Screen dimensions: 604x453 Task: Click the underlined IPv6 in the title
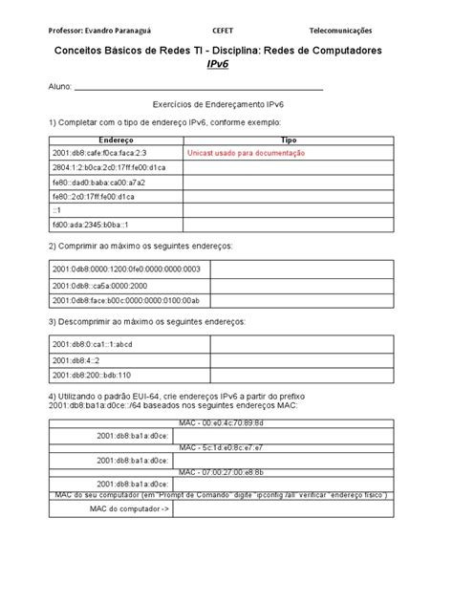coord(226,64)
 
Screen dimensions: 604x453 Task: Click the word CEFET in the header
coord(226,32)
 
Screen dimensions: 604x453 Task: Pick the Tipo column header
coord(290,140)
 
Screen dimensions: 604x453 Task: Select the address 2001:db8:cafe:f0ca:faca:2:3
coord(100,153)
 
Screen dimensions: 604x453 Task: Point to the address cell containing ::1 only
coord(57,210)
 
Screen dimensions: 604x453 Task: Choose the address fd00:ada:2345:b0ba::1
coord(92,226)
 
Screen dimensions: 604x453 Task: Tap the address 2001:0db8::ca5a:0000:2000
coord(100,286)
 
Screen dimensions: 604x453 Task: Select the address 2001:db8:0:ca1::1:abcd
coord(93,344)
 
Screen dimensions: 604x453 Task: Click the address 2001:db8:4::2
coord(77,359)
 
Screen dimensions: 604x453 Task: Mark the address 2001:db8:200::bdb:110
coord(93,375)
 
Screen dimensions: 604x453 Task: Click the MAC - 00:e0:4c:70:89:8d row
coord(226,421)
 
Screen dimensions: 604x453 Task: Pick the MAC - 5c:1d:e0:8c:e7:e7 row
coord(226,446)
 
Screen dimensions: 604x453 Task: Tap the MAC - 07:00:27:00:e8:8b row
coord(226,472)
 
